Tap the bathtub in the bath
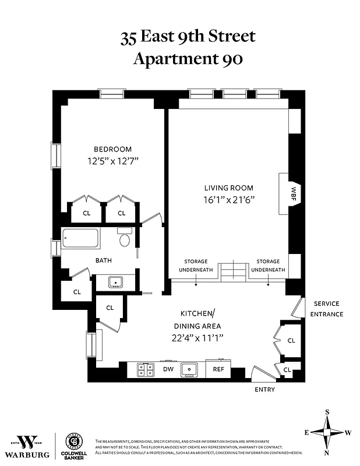point(80,239)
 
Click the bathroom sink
point(115,282)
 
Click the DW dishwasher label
point(168,369)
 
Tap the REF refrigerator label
point(218,369)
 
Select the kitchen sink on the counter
point(190,369)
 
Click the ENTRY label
point(264,389)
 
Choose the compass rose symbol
point(327,432)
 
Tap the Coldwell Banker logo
point(73,446)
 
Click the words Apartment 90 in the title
point(188,59)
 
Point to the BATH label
point(104,260)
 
